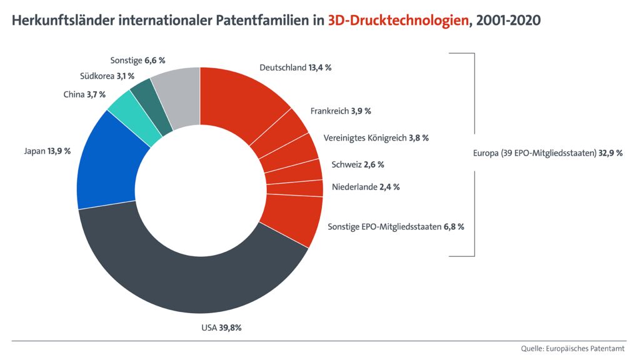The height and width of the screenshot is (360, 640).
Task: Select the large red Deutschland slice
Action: [241, 106]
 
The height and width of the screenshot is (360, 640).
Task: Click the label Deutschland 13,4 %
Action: [295, 67]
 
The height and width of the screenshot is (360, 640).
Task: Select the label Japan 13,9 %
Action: [47, 151]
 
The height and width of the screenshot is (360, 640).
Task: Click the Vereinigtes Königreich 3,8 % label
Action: [376, 137]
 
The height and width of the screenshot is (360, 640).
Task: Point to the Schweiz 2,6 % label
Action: [357, 165]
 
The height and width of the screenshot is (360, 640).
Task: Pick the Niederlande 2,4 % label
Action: [366, 187]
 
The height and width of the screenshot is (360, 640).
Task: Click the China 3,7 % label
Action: [84, 95]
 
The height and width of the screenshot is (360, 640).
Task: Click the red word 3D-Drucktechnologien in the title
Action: [398, 21]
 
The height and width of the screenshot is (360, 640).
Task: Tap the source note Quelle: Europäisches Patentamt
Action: [572, 348]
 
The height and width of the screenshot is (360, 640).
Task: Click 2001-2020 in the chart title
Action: [508, 21]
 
